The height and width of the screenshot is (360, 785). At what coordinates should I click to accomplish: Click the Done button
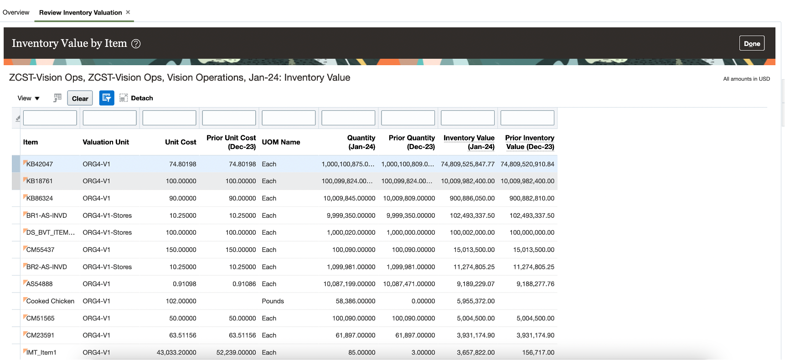coord(751,43)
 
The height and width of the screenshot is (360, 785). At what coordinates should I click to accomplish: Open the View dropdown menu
coord(28,98)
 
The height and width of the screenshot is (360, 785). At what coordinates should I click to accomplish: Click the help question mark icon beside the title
coord(136,44)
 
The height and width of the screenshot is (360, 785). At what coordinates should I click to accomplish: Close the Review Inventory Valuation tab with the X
coord(128,12)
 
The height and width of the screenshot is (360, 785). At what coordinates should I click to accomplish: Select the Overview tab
coord(16,12)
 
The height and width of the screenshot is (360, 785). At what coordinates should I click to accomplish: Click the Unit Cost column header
coord(181,142)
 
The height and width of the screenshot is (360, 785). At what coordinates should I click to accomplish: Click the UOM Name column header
coord(281,142)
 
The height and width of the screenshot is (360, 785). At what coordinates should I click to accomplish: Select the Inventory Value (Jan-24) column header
coord(469,142)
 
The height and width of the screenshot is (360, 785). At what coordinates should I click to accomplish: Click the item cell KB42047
coord(40,164)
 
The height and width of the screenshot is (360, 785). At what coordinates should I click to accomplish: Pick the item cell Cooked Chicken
coord(50,301)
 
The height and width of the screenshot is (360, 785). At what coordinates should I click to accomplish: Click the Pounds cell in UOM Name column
coord(273,301)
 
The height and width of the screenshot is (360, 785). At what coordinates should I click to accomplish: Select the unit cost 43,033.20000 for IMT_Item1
coord(176,352)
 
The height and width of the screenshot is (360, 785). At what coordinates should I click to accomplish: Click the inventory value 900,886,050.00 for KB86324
coord(472,198)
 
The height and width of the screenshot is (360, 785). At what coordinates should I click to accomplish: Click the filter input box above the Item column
coord(50,118)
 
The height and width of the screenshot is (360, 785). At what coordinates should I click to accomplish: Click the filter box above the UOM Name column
coord(289,118)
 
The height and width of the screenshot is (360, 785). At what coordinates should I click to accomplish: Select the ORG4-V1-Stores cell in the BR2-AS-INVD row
coord(107,267)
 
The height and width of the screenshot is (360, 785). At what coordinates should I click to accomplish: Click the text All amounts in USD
coord(746,79)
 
